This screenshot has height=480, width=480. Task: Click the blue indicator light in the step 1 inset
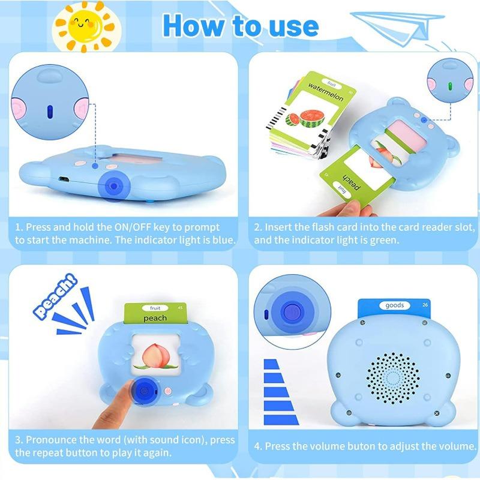pyautogui.click(x=50, y=111)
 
